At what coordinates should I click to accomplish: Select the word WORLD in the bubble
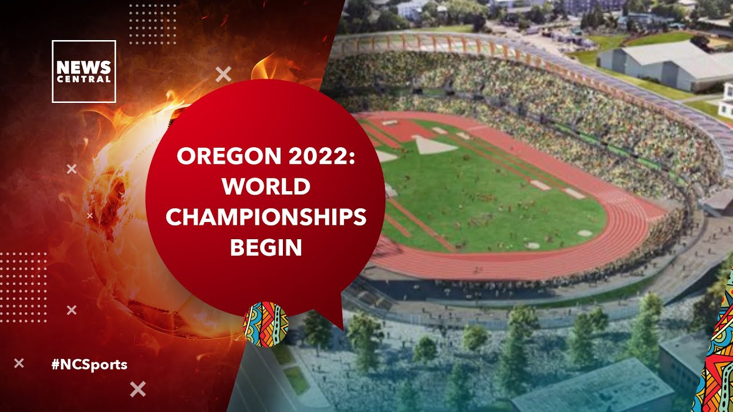[x=266, y=187]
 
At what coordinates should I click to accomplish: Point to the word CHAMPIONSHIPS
[x=266, y=217]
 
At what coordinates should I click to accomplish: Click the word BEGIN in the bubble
[x=266, y=247]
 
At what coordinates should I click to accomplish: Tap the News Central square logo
[x=84, y=72]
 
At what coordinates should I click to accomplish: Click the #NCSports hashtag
[x=89, y=364]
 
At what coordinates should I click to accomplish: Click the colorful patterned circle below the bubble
[x=265, y=324]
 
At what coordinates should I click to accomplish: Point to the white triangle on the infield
[x=434, y=146]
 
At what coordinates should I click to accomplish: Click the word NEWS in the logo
[x=84, y=67]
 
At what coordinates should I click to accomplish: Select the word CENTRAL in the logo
[x=84, y=79]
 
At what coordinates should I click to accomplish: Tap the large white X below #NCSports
[x=137, y=389]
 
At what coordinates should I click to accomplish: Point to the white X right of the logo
[x=223, y=74]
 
